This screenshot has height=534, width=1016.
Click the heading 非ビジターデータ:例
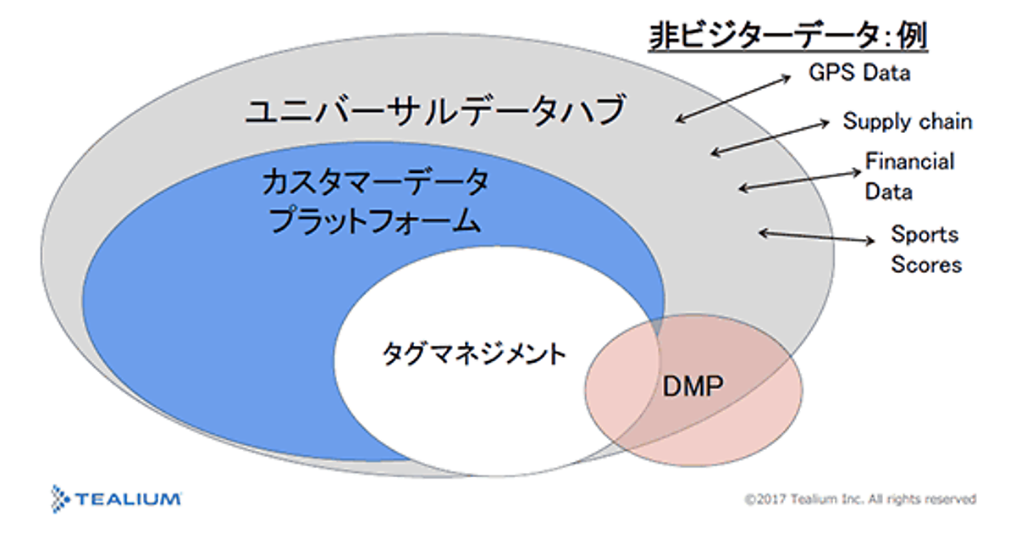coord(788,36)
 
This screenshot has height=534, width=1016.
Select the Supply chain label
coord(907,121)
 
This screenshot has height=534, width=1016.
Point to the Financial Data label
coord(908,176)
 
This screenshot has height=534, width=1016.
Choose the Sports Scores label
coord(925,249)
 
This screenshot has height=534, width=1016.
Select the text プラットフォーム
coord(375,222)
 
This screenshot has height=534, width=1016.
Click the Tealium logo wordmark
coord(128,498)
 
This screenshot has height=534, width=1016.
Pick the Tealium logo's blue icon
coord(61,497)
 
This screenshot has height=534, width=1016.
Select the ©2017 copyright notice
coord(860,499)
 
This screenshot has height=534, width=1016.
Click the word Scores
coord(925,264)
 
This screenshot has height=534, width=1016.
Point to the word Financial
coord(908,161)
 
